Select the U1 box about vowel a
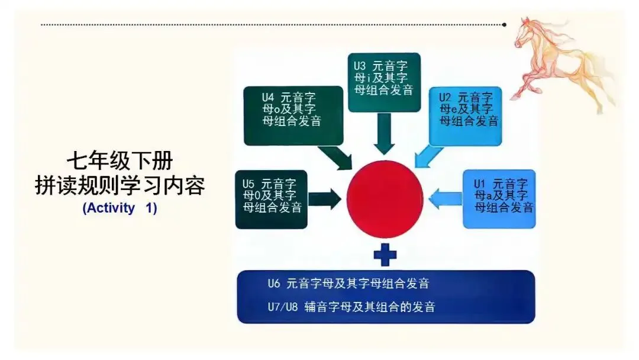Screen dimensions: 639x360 (x=499, y=198)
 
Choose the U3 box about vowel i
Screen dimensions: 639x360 (x=384, y=82)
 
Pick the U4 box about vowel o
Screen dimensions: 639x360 (x=293, y=115)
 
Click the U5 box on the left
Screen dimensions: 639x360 (x=271, y=200)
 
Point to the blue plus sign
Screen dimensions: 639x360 (x=385, y=255)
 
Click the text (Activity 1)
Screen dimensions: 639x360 (x=120, y=208)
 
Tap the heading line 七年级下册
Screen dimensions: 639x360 (x=120, y=161)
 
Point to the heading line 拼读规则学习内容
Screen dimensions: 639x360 (x=120, y=185)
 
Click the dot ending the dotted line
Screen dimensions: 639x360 (x=504, y=25)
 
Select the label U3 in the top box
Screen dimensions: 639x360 (x=360, y=66)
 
